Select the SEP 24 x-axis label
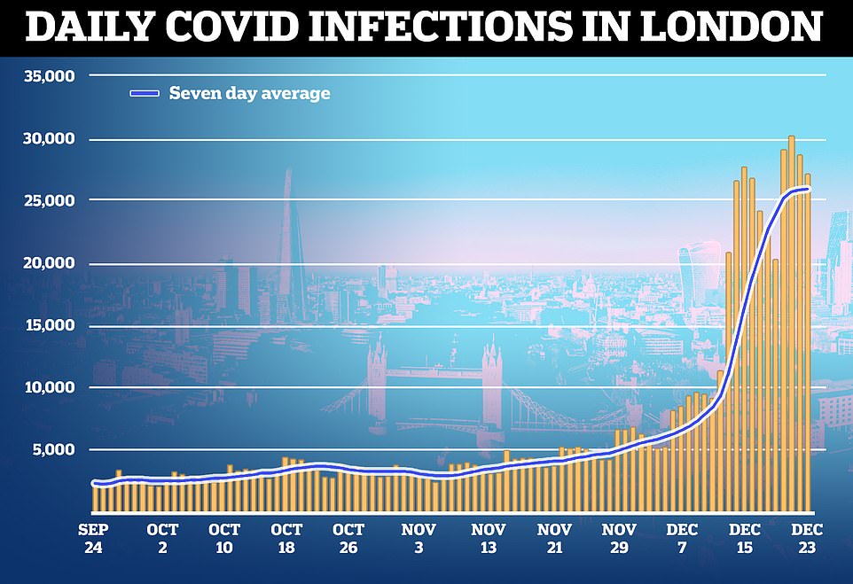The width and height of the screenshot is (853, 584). pyautogui.click(x=94, y=539)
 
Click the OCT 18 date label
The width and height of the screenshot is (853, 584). pyautogui.click(x=286, y=539)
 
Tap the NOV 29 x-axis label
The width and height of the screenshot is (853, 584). pyautogui.click(x=620, y=539)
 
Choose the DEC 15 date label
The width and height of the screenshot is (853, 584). pyautogui.click(x=743, y=539)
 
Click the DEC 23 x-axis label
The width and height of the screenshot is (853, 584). pyautogui.click(x=807, y=539)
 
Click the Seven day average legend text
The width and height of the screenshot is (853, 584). pyautogui.click(x=249, y=93)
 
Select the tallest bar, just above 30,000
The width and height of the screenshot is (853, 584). pyautogui.click(x=791, y=323)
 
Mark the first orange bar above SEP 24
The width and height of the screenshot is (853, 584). pyautogui.click(x=95, y=497)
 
